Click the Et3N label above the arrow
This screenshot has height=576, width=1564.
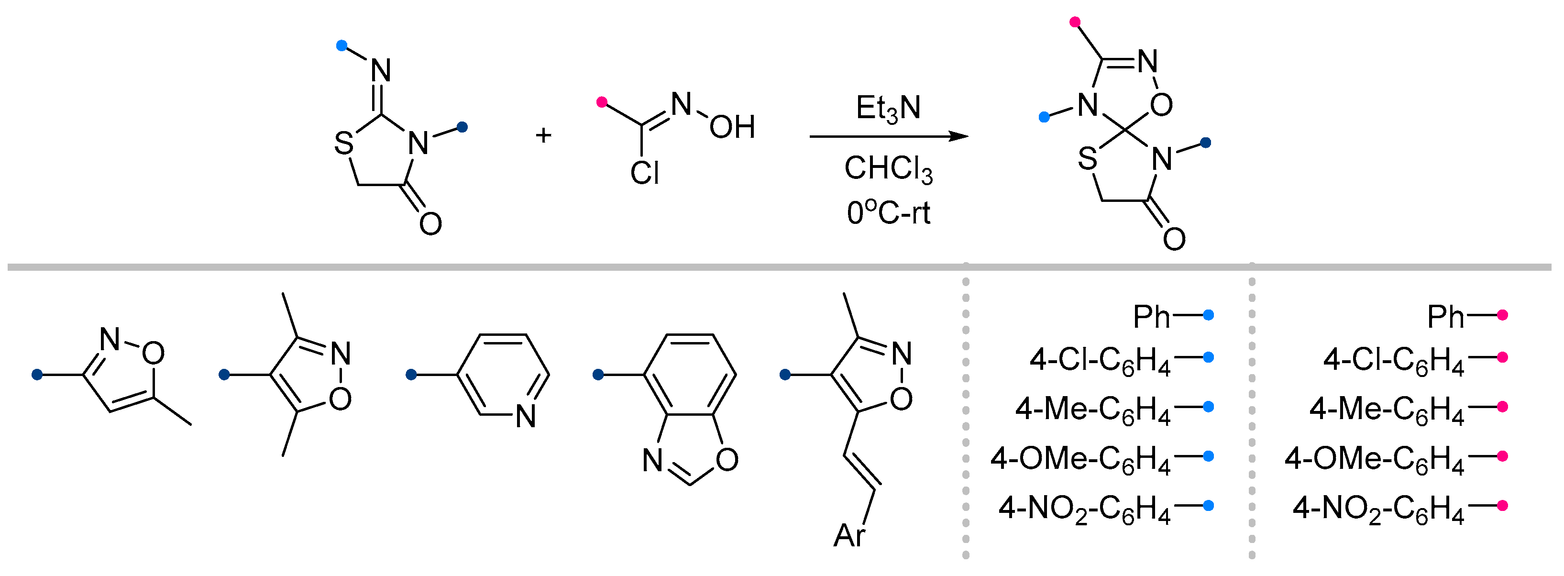coord(888,109)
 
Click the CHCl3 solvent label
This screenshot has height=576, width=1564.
coord(888,168)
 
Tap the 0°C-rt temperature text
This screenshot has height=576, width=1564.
coord(888,213)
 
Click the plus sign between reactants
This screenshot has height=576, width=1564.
coord(543,135)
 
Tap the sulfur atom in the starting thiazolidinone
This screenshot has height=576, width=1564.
coord(343,144)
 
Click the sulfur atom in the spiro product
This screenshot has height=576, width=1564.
coord(1088,160)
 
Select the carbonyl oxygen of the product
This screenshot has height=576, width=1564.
coord(1174,239)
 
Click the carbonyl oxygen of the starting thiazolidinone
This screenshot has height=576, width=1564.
coord(430,223)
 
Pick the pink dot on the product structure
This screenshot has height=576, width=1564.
coord(1075,22)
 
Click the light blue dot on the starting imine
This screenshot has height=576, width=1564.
coord(341,45)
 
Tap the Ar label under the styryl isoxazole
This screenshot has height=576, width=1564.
coord(849,536)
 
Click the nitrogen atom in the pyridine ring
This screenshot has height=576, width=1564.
coord(526,417)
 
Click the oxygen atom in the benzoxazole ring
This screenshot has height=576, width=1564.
coord(727,460)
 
